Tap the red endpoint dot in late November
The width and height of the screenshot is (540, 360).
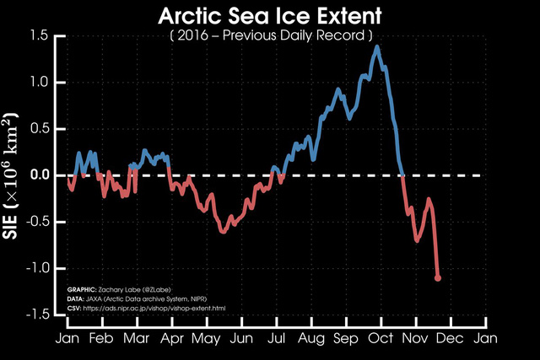tap(438, 277)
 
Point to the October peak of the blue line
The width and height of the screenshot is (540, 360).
tap(376, 46)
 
